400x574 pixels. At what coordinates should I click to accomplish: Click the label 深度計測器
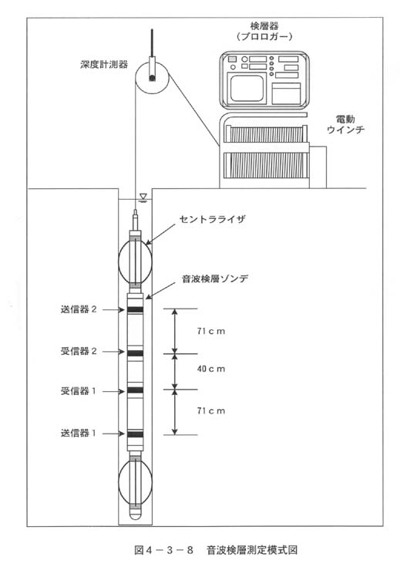(104, 65)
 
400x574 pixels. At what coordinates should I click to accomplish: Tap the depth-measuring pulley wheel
(151, 76)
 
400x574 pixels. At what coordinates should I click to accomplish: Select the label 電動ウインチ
(345, 124)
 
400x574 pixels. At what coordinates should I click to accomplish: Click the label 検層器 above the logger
(264, 26)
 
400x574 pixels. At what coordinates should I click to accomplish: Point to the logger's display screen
(247, 88)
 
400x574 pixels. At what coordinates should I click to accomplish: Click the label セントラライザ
(213, 219)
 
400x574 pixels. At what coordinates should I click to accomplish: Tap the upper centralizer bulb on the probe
(135, 261)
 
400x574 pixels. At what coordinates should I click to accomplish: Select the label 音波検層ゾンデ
(215, 279)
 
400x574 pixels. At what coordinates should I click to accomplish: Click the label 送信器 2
(79, 309)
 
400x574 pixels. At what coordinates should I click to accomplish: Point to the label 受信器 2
(79, 352)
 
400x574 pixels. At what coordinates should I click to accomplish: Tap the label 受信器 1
(79, 391)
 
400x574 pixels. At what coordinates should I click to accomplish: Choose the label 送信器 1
(79, 433)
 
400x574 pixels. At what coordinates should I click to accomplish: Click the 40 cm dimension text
(211, 369)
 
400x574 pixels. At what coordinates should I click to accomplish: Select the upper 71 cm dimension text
(211, 331)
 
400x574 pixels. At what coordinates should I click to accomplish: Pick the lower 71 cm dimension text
(211, 410)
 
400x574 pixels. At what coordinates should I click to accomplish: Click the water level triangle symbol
(143, 197)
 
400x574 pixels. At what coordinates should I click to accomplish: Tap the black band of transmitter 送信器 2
(135, 309)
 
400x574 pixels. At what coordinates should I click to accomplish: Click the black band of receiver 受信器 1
(135, 390)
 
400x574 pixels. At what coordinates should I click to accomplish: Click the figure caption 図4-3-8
(164, 550)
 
